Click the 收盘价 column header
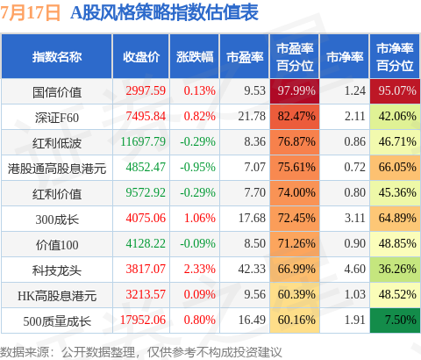pyautogui.click(x=141, y=57)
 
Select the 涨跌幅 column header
pyautogui.click(x=195, y=57)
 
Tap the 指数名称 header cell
pyautogui.click(x=57, y=57)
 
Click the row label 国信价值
pyautogui.click(x=57, y=92)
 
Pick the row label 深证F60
pyautogui.click(x=57, y=118)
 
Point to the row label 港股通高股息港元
pyautogui.click(x=57, y=169)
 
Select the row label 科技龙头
pyautogui.click(x=57, y=270)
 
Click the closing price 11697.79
pyautogui.click(x=143, y=142)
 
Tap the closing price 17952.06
pyautogui.click(x=143, y=320)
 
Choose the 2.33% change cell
pyautogui.click(x=200, y=269)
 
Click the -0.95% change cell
pyautogui.click(x=197, y=167)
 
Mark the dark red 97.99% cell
pyautogui.click(x=295, y=91)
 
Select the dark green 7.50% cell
pyautogui.click(x=395, y=320)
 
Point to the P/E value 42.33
pyautogui.click(x=252, y=269)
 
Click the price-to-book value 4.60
pyautogui.click(x=354, y=269)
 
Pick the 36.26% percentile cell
pyautogui.click(x=395, y=270)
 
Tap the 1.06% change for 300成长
pyautogui.click(x=200, y=218)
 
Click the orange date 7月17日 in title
pyautogui.click(x=30, y=13)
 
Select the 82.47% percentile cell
pyautogui.click(x=295, y=117)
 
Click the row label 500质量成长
pyautogui.click(x=57, y=321)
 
